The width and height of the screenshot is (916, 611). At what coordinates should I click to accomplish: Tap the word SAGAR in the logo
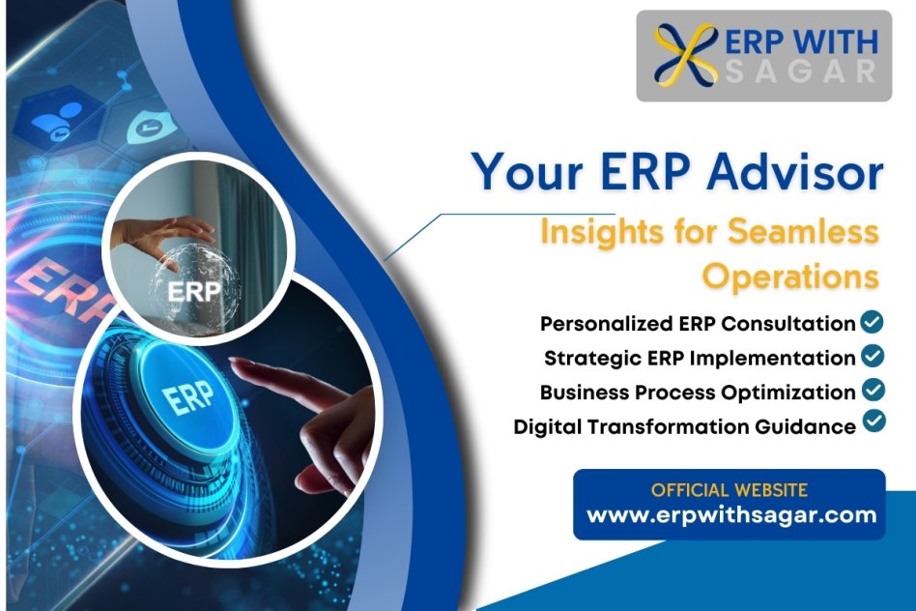800,72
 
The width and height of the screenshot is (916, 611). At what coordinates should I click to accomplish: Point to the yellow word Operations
791,276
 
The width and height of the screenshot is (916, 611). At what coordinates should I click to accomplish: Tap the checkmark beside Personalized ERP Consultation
873,322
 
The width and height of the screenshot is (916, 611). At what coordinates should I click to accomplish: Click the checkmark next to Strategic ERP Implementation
873,356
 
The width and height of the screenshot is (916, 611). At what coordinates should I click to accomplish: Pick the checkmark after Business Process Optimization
873,390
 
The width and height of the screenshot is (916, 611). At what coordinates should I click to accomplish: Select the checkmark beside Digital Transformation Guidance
873,421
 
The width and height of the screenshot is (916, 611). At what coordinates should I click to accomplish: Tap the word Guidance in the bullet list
805,426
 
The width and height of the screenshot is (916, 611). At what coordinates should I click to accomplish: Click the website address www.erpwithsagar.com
731,515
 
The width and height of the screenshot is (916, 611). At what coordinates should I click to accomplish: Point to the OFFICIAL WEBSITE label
730,490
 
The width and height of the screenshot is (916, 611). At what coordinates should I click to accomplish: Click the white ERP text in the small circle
194,291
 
